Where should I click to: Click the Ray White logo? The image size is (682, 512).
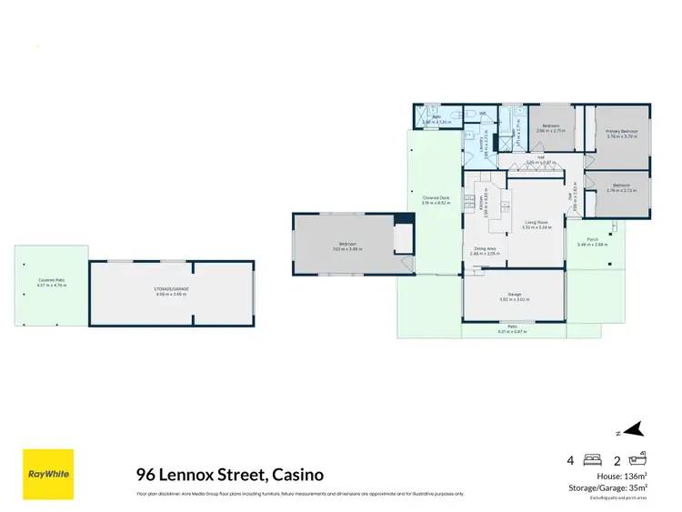click(x=48, y=474)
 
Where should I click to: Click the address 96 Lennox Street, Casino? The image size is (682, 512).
click(x=228, y=475)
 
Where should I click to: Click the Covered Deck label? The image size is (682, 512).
click(x=436, y=198)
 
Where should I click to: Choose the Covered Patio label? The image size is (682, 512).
click(x=51, y=281)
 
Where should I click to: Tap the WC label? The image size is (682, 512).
click(x=483, y=114)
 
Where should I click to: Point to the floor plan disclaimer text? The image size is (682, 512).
click(x=300, y=494)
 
